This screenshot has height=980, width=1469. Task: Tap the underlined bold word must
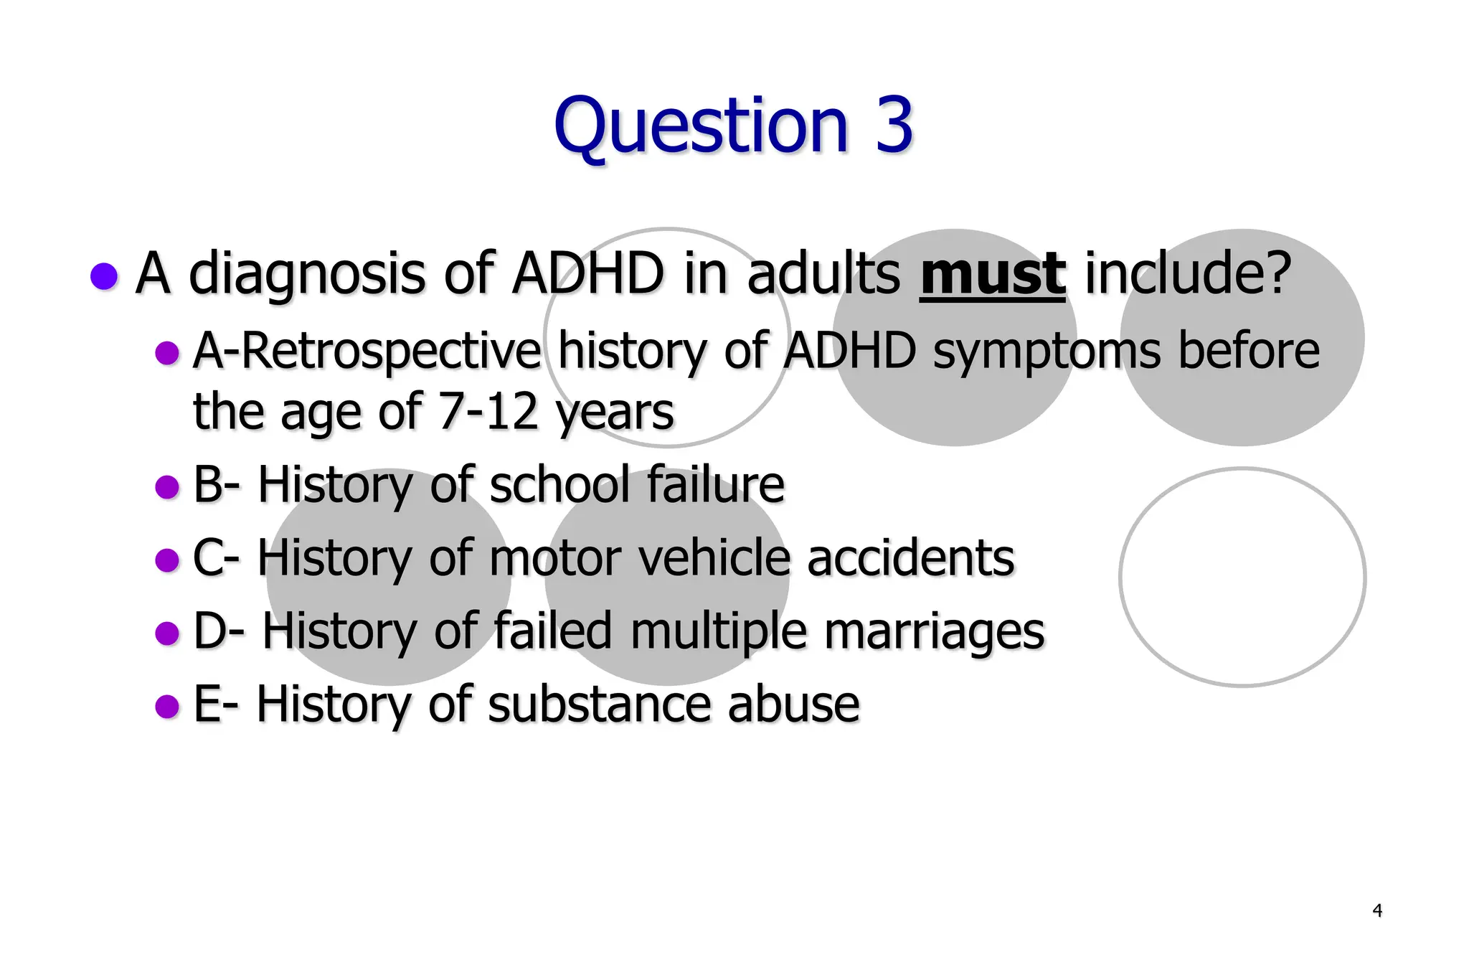click(x=992, y=274)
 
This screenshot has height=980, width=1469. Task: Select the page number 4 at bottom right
click(x=1376, y=910)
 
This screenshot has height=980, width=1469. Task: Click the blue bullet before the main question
click(x=104, y=276)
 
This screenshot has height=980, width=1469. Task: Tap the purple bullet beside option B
click(x=166, y=487)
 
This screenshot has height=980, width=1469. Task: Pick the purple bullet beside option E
click(x=166, y=706)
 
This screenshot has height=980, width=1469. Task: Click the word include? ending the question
click(x=1188, y=274)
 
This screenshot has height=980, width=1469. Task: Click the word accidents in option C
click(x=910, y=558)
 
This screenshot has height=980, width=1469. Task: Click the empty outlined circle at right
click(x=1242, y=578)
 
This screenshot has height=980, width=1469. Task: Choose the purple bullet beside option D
click(x=166, y=633)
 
